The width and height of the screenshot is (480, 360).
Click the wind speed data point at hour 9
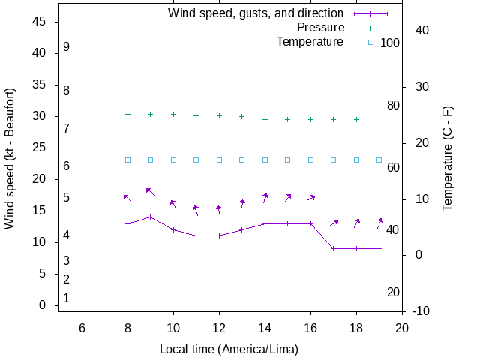click(x=151, y=217)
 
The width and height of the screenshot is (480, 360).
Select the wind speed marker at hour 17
click(x=334, y=248)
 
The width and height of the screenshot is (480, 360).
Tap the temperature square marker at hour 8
click(x=127, y=160)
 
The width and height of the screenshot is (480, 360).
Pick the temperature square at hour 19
click(x=379, y=160)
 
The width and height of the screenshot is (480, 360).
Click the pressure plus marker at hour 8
click(x=127, y=114)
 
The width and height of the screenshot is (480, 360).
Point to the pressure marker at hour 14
click(x=265, y=119)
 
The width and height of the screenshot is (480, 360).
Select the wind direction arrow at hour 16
click(x=310, y=198)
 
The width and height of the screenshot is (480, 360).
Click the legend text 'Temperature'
click(x=310, y=42)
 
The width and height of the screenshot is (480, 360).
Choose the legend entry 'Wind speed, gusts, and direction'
click(x=256, y=13)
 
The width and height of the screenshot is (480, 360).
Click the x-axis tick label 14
click(x=265, y=327)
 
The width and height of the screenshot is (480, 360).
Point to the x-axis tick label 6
click(x=82, y=327)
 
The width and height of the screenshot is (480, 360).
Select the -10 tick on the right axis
click(x=421, y=311)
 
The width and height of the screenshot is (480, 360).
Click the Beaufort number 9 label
click(x=67, y=47)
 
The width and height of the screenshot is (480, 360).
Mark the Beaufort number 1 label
click(x=67, y=298)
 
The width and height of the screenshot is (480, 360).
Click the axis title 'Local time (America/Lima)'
click(x=229, y=349)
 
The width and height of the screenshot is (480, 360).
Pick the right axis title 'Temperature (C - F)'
click(x=448, y=158)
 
